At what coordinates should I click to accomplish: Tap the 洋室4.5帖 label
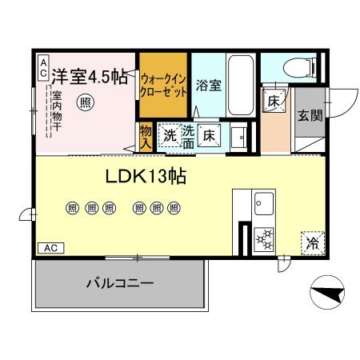pos(89,77)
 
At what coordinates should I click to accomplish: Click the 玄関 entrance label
pos(310,115)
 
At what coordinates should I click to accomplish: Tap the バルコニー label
pos(119,283)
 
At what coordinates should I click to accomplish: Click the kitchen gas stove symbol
pos(265,238)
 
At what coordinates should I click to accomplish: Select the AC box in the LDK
pos(50,248)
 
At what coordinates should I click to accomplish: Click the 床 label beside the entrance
pos(274,102)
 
